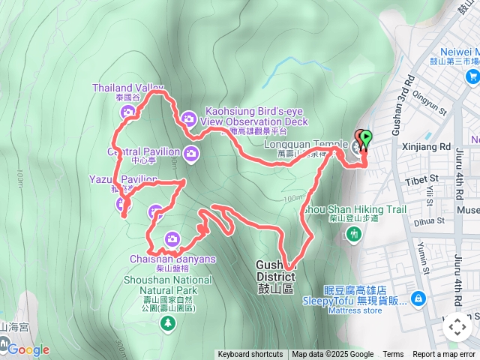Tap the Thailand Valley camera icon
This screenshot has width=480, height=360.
pos(127,113)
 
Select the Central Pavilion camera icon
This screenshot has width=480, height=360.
pos(191,154)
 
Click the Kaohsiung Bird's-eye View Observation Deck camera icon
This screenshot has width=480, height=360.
pos(188,117)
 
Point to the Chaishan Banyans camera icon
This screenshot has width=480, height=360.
pos(172,239)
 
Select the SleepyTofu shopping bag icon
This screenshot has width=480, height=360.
pos(418,299)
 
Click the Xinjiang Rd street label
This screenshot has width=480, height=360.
pos(426,146)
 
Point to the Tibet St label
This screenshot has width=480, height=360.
pos(424,180)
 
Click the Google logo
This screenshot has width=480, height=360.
pos(28,349)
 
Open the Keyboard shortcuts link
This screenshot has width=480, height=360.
pos(250,355)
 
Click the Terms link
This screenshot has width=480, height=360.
pos(393,355)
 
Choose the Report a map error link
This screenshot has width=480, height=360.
pos(445,355)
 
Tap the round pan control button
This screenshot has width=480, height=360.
pos(457,326)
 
